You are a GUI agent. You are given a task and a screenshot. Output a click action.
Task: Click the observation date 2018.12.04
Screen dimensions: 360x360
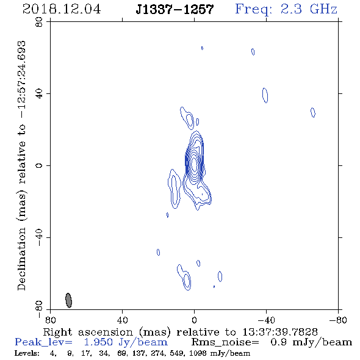point(62,9)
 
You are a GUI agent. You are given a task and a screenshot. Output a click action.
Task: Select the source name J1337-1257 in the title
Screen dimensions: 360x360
point(175,9)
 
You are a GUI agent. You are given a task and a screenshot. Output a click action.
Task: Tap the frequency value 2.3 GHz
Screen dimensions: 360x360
point(309,9)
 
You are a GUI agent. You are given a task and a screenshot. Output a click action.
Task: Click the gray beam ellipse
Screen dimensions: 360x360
point(69,300)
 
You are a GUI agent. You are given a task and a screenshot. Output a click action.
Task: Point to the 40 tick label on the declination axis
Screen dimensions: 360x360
point(39,94)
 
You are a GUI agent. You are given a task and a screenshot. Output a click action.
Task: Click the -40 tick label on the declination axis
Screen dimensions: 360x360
point(39,237)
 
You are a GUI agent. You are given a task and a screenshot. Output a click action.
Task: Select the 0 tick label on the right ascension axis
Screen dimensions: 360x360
point(194,320)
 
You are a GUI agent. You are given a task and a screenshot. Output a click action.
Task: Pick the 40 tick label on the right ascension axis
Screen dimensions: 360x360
point(122,320)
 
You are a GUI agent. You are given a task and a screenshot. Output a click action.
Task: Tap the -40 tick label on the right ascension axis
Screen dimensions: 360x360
point(266,320)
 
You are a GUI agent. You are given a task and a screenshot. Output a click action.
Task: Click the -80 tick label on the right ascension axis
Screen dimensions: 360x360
point(338,320)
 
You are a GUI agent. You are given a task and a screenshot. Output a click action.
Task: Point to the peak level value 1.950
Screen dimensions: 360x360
point(98,342)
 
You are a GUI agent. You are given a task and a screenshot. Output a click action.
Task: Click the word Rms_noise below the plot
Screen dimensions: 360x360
point(225,342)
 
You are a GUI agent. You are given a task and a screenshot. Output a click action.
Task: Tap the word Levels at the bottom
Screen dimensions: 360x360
point(27,353)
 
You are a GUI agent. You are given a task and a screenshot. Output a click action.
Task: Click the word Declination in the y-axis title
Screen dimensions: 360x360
point(21,259)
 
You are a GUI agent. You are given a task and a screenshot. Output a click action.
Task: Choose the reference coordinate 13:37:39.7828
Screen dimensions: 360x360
point(280,332)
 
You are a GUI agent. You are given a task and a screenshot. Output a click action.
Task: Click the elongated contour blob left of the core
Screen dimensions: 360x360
point(175,189)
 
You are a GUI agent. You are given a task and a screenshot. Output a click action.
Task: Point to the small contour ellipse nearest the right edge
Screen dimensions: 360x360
point(313,112)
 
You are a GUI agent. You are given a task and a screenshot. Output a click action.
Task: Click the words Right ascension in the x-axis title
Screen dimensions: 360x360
point(88,332)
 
